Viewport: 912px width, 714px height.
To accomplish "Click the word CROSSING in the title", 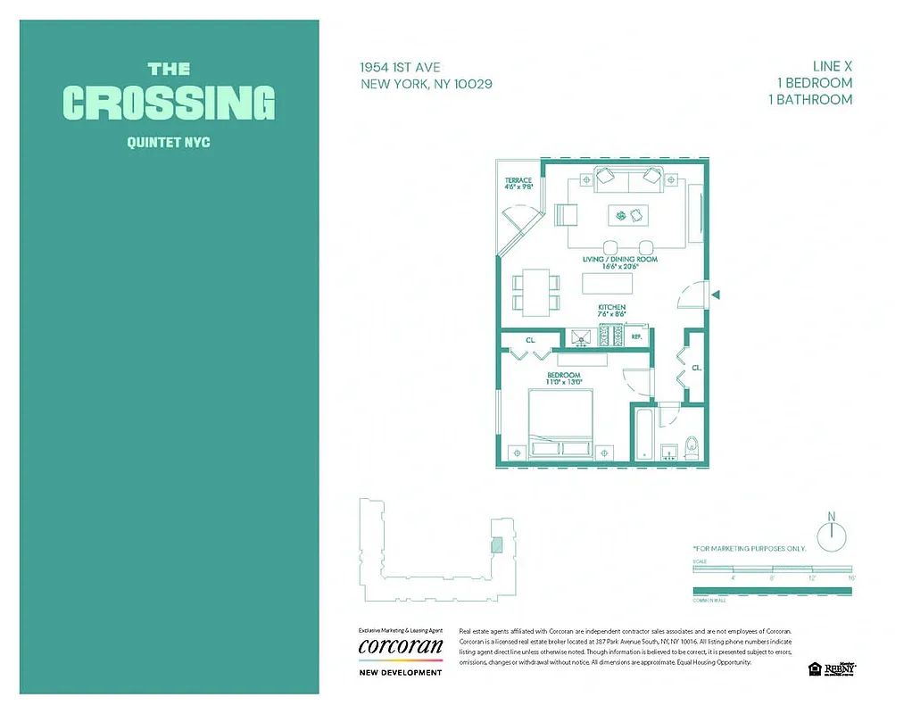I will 169,103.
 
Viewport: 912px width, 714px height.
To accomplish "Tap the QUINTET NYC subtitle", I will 169,142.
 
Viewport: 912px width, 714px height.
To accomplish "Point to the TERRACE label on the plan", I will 518,181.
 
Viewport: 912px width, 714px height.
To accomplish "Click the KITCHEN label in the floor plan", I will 611,308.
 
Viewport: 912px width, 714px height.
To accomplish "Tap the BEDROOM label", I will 563,375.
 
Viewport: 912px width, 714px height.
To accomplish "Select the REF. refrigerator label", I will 637,337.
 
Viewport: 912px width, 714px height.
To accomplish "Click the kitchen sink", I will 581,337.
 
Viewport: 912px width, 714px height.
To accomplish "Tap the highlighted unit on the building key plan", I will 497,544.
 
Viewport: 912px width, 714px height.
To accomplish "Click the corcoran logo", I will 400,646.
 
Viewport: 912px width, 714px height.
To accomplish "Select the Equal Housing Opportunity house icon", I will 814,668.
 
